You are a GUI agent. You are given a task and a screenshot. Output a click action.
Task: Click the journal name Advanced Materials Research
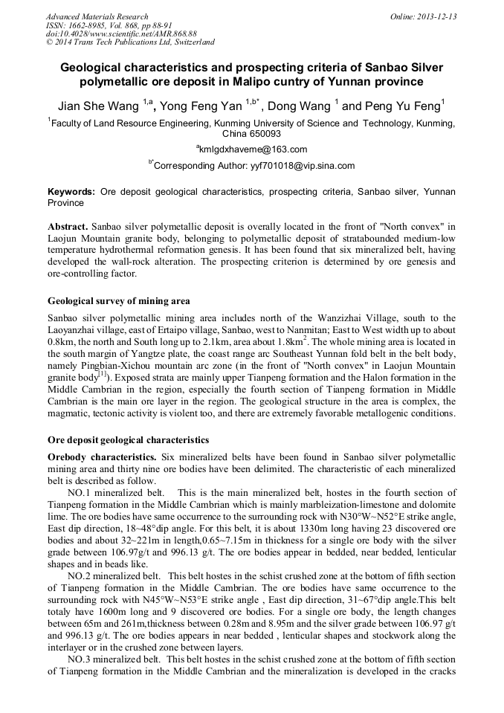click(97, 16)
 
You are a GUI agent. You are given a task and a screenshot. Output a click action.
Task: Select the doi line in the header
click(121, 34)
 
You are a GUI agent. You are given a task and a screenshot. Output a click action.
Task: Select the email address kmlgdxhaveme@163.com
click(253, 149)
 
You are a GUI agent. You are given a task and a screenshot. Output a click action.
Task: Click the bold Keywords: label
click(71, 192)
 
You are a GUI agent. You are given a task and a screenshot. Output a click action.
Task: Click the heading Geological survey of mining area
click(119, 301)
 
